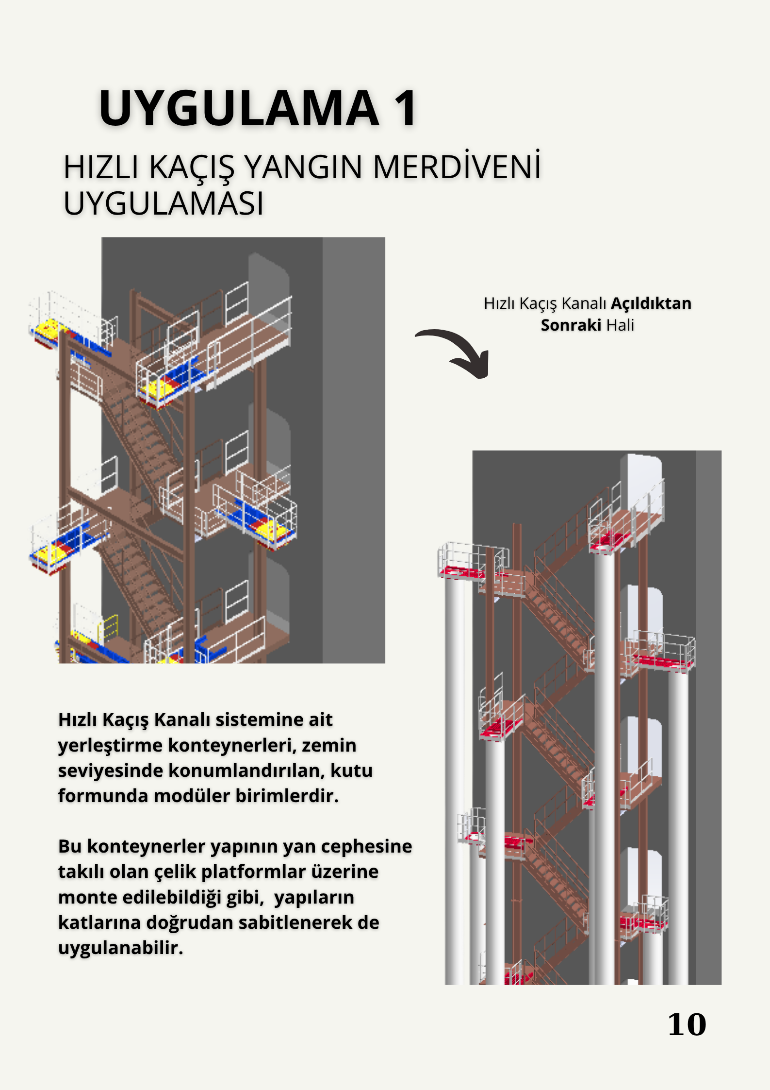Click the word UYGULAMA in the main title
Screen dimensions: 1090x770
239,109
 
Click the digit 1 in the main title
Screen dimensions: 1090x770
405,109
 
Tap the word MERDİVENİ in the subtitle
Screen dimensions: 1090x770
457,168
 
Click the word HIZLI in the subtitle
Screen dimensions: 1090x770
101,168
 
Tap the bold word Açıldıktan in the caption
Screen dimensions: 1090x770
651,303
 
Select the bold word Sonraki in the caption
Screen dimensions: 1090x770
571,325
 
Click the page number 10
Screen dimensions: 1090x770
687,1025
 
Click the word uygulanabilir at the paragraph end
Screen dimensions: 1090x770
120,948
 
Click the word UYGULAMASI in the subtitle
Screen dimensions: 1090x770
164,203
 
